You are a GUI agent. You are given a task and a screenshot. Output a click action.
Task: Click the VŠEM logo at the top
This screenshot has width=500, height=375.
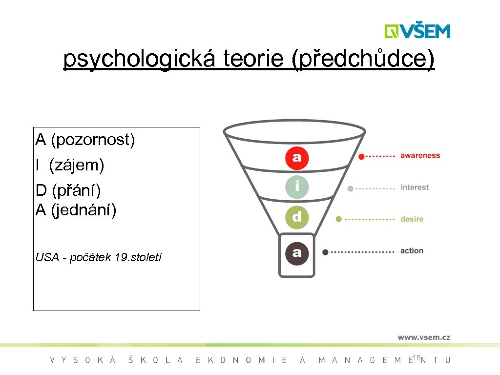coord(417,31)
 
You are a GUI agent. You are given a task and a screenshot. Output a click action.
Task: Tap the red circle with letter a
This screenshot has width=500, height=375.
coord(297,157)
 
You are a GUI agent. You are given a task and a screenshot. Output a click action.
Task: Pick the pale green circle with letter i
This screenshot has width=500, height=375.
coord(297,187)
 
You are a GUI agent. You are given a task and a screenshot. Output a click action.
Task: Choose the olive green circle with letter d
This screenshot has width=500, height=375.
coord(297,217)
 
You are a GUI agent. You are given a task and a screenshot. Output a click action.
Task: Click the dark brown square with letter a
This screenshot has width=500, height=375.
coord(296,253)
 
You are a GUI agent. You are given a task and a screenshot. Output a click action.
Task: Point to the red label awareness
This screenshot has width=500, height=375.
coord(420,156)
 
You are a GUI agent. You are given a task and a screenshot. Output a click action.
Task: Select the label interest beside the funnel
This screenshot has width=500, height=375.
coord(415,187)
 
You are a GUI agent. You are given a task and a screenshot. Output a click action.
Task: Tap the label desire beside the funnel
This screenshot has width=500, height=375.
coord(412,219)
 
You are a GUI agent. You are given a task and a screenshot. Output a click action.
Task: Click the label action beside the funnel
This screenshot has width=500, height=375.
coord(412,251)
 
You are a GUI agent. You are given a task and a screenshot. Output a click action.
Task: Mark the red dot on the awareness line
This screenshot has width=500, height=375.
coord(361,157)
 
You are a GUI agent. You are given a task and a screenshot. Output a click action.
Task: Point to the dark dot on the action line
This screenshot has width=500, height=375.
coord(325,252)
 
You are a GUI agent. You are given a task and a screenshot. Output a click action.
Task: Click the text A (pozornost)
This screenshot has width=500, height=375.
coord(85,140)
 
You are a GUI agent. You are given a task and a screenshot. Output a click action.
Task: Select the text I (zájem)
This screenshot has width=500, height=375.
coord(70,166)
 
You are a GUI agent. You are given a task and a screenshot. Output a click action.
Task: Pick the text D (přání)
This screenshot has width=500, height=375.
coord(68,190)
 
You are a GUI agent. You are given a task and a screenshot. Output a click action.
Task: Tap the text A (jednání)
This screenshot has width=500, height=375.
coord(76,210)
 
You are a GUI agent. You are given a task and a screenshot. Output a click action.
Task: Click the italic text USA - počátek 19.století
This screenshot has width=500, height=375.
coord(99,257)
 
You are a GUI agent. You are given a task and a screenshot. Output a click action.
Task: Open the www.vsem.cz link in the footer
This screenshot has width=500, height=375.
coord(423,337)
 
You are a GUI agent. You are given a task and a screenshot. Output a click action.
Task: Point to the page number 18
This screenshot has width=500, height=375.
coord(416,358)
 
